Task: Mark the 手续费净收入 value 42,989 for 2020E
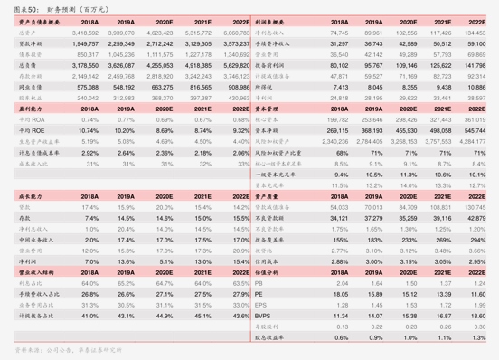tap(408, 43)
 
